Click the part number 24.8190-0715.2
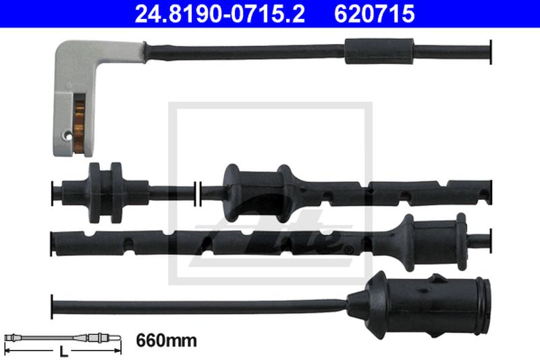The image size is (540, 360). pyautogui.click(x=220, y=14)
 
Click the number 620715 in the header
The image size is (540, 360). pyautogui.click(x=375, y=14)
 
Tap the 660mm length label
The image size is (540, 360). pyautogui.click(x=166, y=340)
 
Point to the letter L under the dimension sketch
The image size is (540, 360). pyautogui.click(x=63, y=352)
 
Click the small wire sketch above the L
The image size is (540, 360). pyautogui.click(x=63, y=338)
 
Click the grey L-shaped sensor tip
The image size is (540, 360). pyautogui.click(x=86, y=93)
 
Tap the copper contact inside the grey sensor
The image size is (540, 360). pyautogui.click(x=79, y=126)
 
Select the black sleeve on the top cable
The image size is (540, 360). pyautogui.click(x=379, y=51)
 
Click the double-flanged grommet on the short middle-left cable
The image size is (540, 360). pyautogui.click(x=106, y=192)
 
